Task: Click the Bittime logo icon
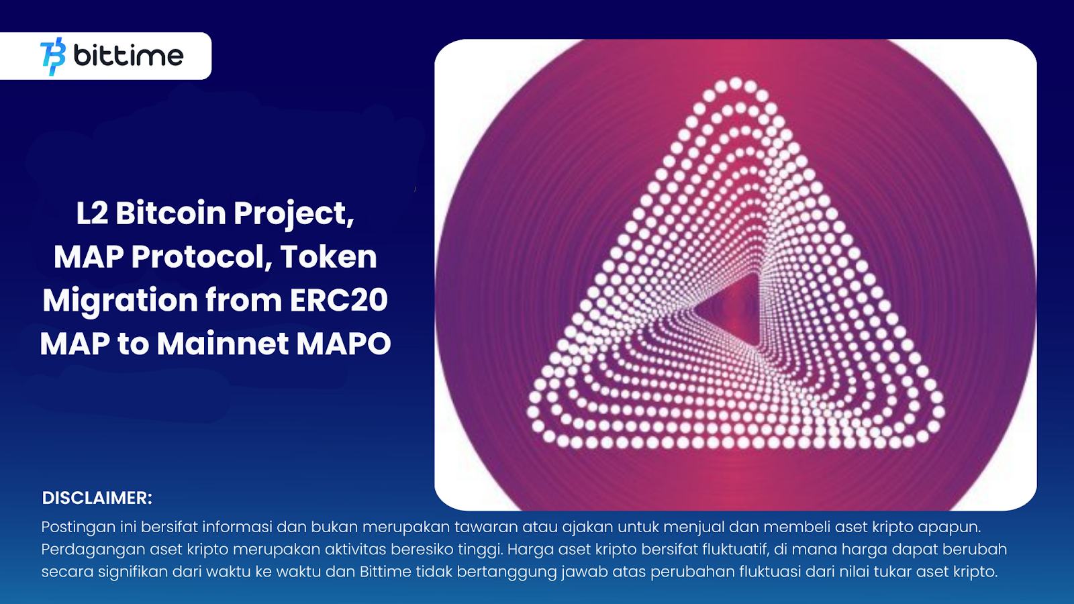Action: [x=53, y=56]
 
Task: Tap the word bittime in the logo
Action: [x=128, y=56]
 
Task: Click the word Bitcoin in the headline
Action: [x=170, y=213]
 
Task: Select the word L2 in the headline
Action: [x=92, y=213]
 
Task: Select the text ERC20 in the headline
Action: [x=339, y=300]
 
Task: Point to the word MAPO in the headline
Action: [x=343, y=344]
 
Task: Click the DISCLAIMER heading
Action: [x=97, y=498]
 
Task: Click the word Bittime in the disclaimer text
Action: [x=385, y=572]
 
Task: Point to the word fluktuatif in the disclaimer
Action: [x=734, y=550]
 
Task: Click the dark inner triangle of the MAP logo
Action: [x=735, y=309]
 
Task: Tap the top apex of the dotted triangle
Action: [x=736, y=85]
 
